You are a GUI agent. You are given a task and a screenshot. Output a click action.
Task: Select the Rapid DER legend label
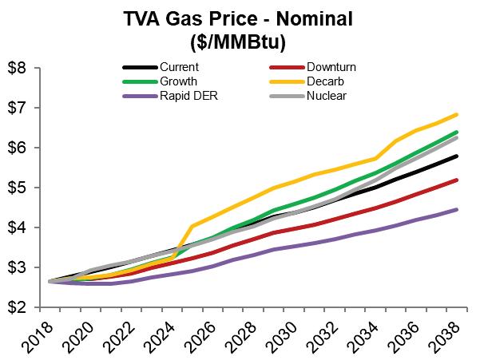coord(188,97)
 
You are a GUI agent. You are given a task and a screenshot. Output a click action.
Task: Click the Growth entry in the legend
coord(179,82)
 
